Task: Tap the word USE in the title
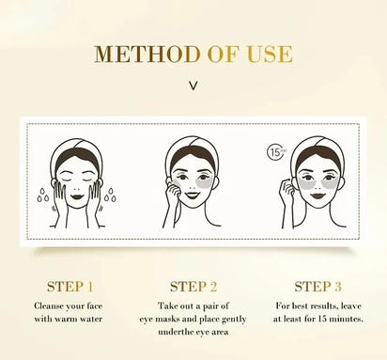click(272, 55)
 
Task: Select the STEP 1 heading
click(70, 287)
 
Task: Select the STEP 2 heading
click(194, 287)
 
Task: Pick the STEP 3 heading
click(318, 287)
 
